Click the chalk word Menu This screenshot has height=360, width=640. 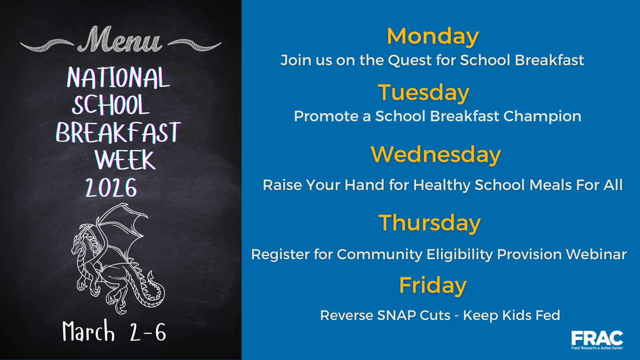[x=120, y=39]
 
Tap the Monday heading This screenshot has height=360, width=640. [x=432, y=36]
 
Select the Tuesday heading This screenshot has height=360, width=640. [x=424, y=92]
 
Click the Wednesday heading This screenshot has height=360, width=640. [x=436, y=154]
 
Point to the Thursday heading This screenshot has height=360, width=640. [x=430, y=222]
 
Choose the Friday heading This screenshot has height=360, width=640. [x=432, y=285]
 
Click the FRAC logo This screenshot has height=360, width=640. [x=597, y=340]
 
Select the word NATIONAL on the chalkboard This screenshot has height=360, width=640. [x=118, y=78]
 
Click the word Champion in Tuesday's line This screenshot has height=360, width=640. [x=542, y=116]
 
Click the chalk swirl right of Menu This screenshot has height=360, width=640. [x=194, y=45]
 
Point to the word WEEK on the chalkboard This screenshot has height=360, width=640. [x=125, y=160]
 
